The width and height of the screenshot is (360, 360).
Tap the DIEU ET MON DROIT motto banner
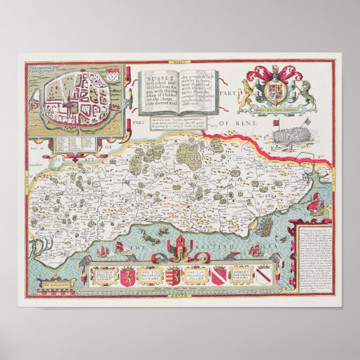point(274,111)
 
